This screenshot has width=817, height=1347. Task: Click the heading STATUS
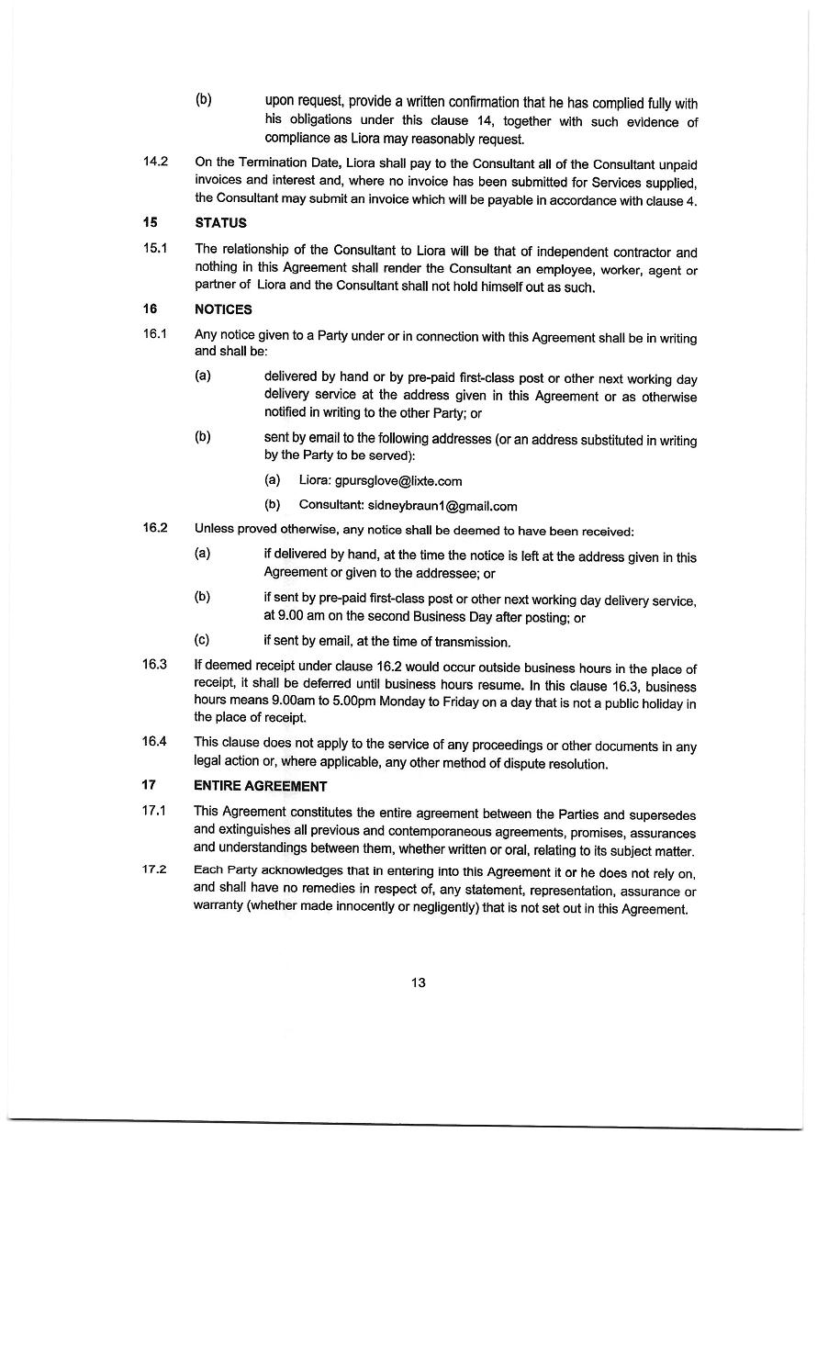click(x=220, y=223)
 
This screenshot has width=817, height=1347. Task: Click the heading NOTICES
click(x=223, y=309)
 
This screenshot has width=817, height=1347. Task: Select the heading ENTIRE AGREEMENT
click(x=260, y=786)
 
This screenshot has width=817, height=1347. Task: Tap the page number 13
click(x=418, y=982)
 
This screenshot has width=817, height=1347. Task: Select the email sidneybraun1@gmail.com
click(x=442, y=506)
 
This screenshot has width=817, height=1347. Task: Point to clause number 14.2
click(x=155, y=162)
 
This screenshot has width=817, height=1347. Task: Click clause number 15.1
click(x=155, y=249)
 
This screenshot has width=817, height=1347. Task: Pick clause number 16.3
click(x=155, y=665)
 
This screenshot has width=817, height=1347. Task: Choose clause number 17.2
click(x=155, y=870)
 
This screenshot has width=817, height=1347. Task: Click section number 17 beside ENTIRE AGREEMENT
click(x=150, y=785)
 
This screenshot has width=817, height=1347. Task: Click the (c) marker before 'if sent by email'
click(x=203, y=640)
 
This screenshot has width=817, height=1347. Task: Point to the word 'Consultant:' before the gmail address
click(x=331, y=506)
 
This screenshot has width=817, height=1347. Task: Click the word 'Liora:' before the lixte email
click(x=315, y=480)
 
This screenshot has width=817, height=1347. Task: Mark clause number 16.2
click(x=155, y=528)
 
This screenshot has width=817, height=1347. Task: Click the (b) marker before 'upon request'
click(x=204, y=99)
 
